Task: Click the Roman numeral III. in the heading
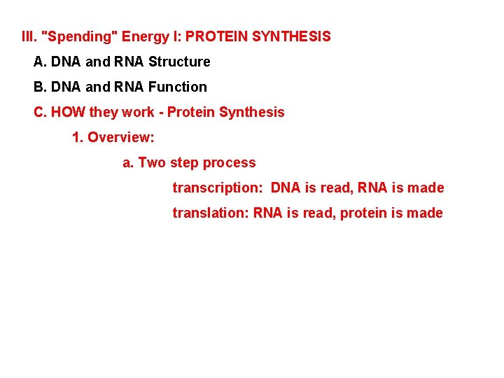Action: pyautogui.click(x=29, y=36)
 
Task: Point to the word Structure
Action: pyautogui.click(x=179, y=62)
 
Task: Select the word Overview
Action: pyautogui.click(x=120, y=137)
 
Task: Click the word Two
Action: pyautogui.click(x=152, y=162)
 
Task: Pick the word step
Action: pyautogui.click(x=184, y=163)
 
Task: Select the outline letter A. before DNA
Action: pyautogui.click(x=40, y=62)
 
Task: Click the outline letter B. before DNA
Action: pyautogui.click(x=40, y=87)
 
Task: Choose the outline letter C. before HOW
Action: pyautogui.click(x=40, y=112)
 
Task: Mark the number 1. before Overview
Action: pyautogui.click(x=78, y=137)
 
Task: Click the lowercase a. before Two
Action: pyautogui.click(x=128, y=162)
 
